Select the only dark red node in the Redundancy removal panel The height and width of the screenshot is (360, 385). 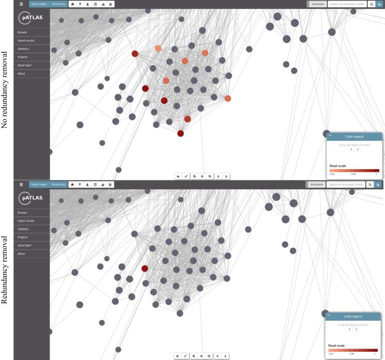145,268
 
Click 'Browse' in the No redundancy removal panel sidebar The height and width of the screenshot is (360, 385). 22,32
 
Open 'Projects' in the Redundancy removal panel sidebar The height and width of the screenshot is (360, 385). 23,237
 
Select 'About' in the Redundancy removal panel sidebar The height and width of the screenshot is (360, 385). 21,253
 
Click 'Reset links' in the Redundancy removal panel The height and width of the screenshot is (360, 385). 58,184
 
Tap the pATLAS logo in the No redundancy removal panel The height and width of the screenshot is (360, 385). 32,18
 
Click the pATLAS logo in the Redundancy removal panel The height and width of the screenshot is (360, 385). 32,199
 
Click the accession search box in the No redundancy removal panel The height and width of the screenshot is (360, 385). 346,4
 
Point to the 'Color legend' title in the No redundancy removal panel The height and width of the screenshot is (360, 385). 354,137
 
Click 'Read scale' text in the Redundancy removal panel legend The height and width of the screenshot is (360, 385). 336,345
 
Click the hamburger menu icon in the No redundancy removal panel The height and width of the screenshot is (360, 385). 21,4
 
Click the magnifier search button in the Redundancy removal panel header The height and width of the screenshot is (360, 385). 370,184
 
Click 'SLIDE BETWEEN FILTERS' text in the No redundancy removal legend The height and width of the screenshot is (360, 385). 354,145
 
